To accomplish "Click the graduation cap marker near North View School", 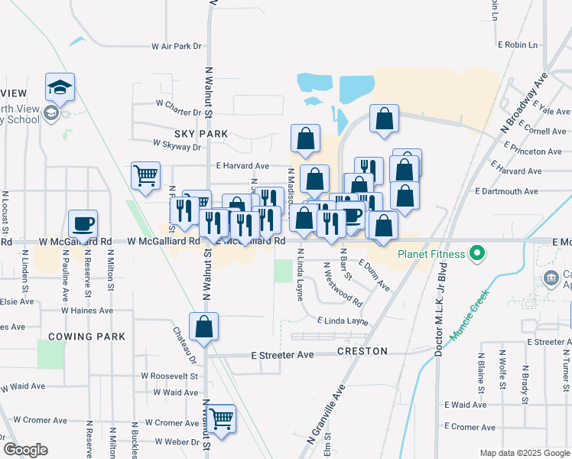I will [60, 87].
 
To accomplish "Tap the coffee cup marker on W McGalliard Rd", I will [83, 224].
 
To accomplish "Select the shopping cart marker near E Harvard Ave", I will [145, 176].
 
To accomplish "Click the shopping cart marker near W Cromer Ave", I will [221, 419].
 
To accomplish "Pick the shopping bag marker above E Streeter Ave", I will [204, 327].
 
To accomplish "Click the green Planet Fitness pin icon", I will [477, 252].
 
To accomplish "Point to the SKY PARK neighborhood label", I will [202, 134].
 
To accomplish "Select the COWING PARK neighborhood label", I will [86, 337].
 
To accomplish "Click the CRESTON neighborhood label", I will [362, 351].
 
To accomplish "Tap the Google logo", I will [26, 450].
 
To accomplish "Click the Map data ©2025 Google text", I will [524, 453].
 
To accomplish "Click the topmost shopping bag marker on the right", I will [385, 119].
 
